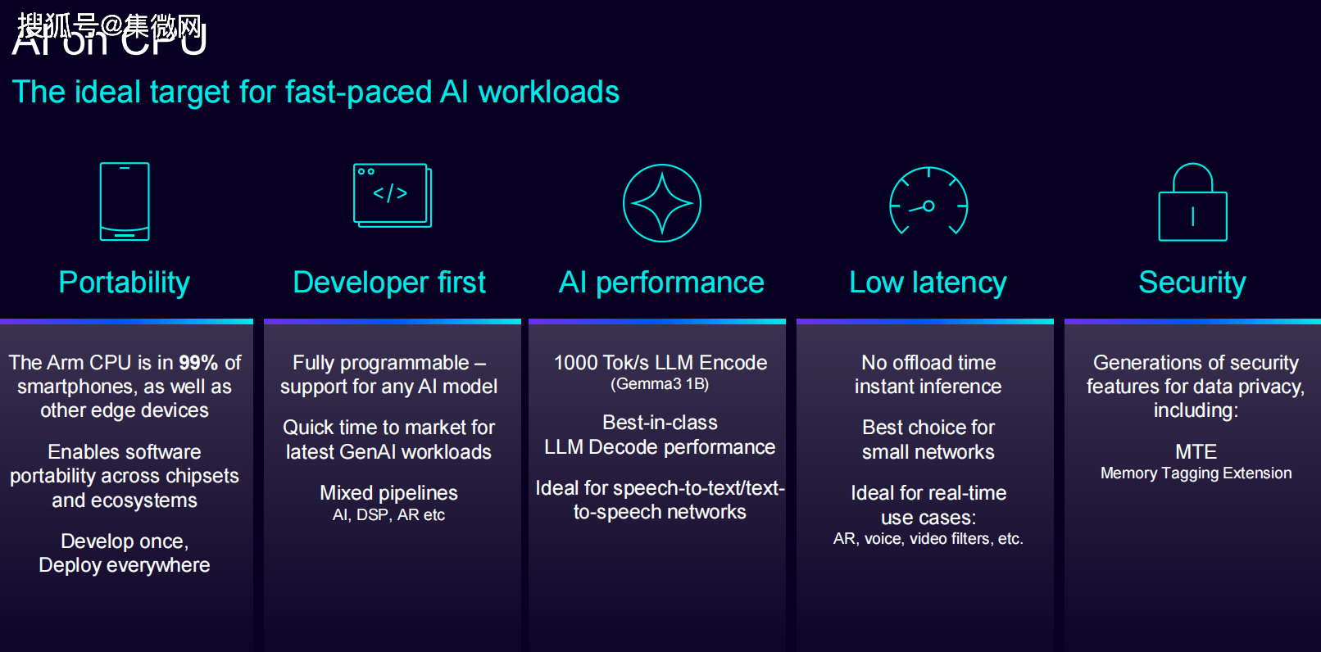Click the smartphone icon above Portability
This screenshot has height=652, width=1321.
point(125,201)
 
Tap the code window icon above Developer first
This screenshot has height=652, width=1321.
point(392,195)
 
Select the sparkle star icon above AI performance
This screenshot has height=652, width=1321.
point(661,203)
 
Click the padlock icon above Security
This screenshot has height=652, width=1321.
point(1192,204)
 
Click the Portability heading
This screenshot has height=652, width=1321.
point(125,283)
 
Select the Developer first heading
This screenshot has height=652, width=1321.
point(389,283)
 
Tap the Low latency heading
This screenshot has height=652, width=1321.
point(928,283)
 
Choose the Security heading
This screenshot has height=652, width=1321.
point(1192,283)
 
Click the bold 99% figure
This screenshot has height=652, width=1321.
point(198,362)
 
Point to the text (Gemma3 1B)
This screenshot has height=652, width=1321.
point(660,384)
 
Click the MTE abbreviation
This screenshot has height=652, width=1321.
point(1196,451)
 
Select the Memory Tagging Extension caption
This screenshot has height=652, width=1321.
point(1196,473)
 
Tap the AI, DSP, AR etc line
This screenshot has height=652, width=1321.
point(388,515)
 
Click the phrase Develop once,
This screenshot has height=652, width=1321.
point(125,541)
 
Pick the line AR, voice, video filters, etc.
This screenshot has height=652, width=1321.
point(928,539)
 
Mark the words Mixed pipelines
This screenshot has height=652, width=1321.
point(388,493)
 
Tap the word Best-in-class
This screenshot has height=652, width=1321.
point(660,423)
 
